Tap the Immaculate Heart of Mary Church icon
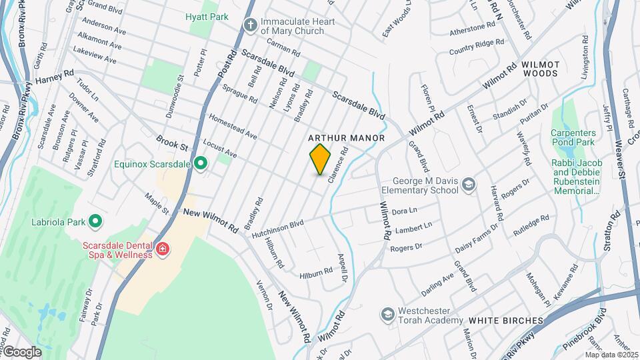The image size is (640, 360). point(250,26)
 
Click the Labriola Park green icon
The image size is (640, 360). point(95,221)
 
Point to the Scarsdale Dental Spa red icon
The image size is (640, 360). point(162,249)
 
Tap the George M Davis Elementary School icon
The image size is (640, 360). point(469,185)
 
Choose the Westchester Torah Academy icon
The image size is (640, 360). point(387,314)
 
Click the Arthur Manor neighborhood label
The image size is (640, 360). point(347,138)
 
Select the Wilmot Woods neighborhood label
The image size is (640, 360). point(541,69)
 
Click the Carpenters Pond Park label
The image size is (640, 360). point(573,137)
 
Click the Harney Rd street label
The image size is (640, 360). point(55,77)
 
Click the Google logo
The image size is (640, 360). point(22,351)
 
